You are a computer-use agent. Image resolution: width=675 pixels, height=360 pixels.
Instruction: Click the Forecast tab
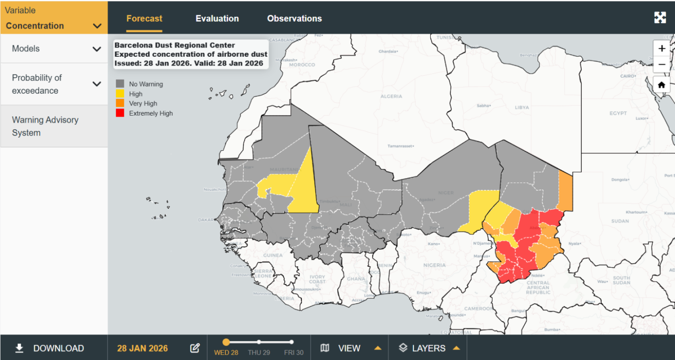coord(144,18)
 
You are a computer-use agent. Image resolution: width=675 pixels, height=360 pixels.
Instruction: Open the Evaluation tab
coord(217,18)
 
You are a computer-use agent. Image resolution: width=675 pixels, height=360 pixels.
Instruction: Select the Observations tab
coord(294,18)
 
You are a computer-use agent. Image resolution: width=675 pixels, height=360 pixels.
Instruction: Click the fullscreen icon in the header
coord(660,18)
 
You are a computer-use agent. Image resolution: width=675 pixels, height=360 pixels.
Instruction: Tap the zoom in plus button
coord(662,48)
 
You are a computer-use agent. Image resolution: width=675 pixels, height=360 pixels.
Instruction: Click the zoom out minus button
coord(662,64)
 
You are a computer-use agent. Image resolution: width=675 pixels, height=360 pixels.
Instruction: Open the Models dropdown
coord(54,49)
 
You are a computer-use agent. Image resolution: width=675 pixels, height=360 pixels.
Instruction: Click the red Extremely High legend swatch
coord(120,113)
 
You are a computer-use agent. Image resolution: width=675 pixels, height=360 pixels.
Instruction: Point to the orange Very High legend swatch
coord(120,103)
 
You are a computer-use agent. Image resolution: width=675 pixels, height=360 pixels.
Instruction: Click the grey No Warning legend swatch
coord(120,84)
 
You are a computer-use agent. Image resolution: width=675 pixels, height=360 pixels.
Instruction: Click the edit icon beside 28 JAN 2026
coord(195,348)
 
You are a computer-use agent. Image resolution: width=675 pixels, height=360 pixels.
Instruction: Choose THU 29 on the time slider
coord(259,342)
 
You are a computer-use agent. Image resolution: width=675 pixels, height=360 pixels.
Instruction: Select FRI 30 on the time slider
coord(292,342)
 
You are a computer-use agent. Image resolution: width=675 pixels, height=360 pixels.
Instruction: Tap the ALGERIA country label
coord(391,96)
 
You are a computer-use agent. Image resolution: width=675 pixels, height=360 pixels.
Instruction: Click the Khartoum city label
coord(636,212)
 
